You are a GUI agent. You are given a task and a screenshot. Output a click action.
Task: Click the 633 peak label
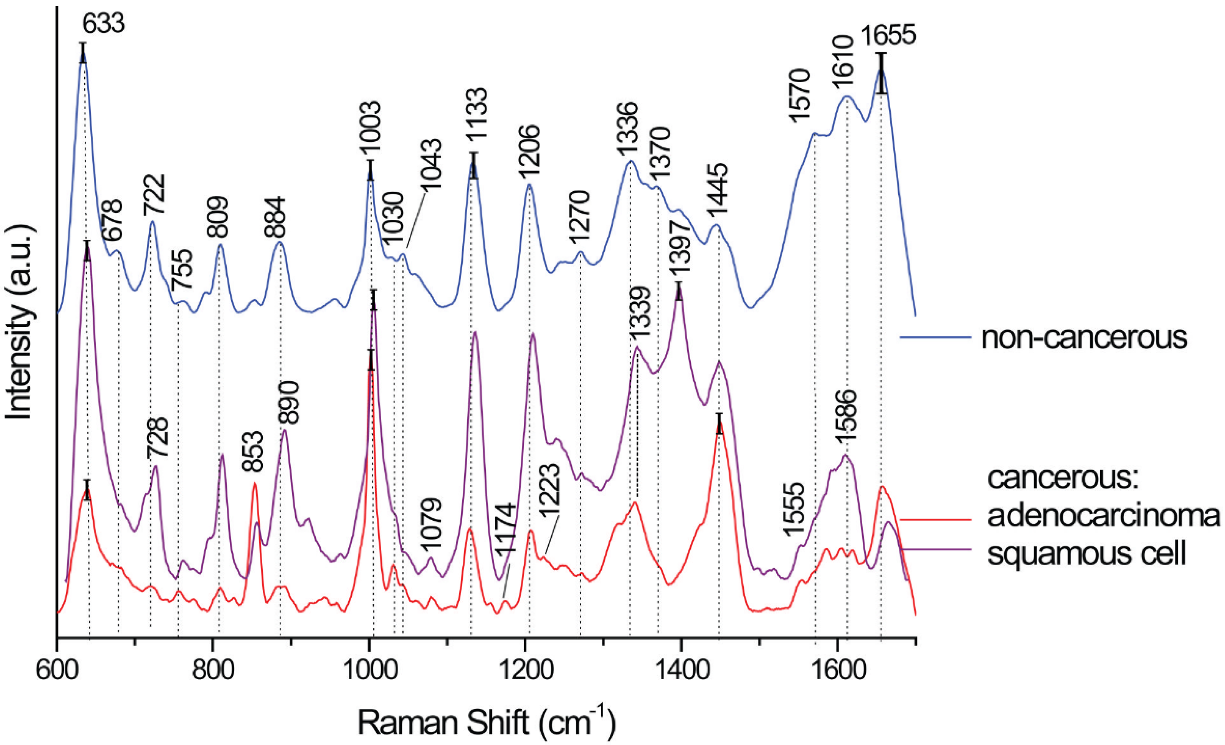click(x=103, y=23)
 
